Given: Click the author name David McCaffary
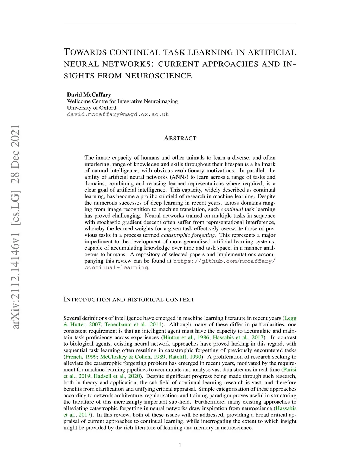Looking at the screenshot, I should click(x=89, y=95).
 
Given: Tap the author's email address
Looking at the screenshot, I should click(x=118, y=114).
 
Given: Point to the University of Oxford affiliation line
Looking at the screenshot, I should click(x=91, y=108).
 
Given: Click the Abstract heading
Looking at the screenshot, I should click(x=180, y=138).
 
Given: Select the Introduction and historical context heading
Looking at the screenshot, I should click(x=129, y=300).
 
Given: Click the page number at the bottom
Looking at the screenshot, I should click(x=180, y=446).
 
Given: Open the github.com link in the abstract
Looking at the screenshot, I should click(x=224, y=261).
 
